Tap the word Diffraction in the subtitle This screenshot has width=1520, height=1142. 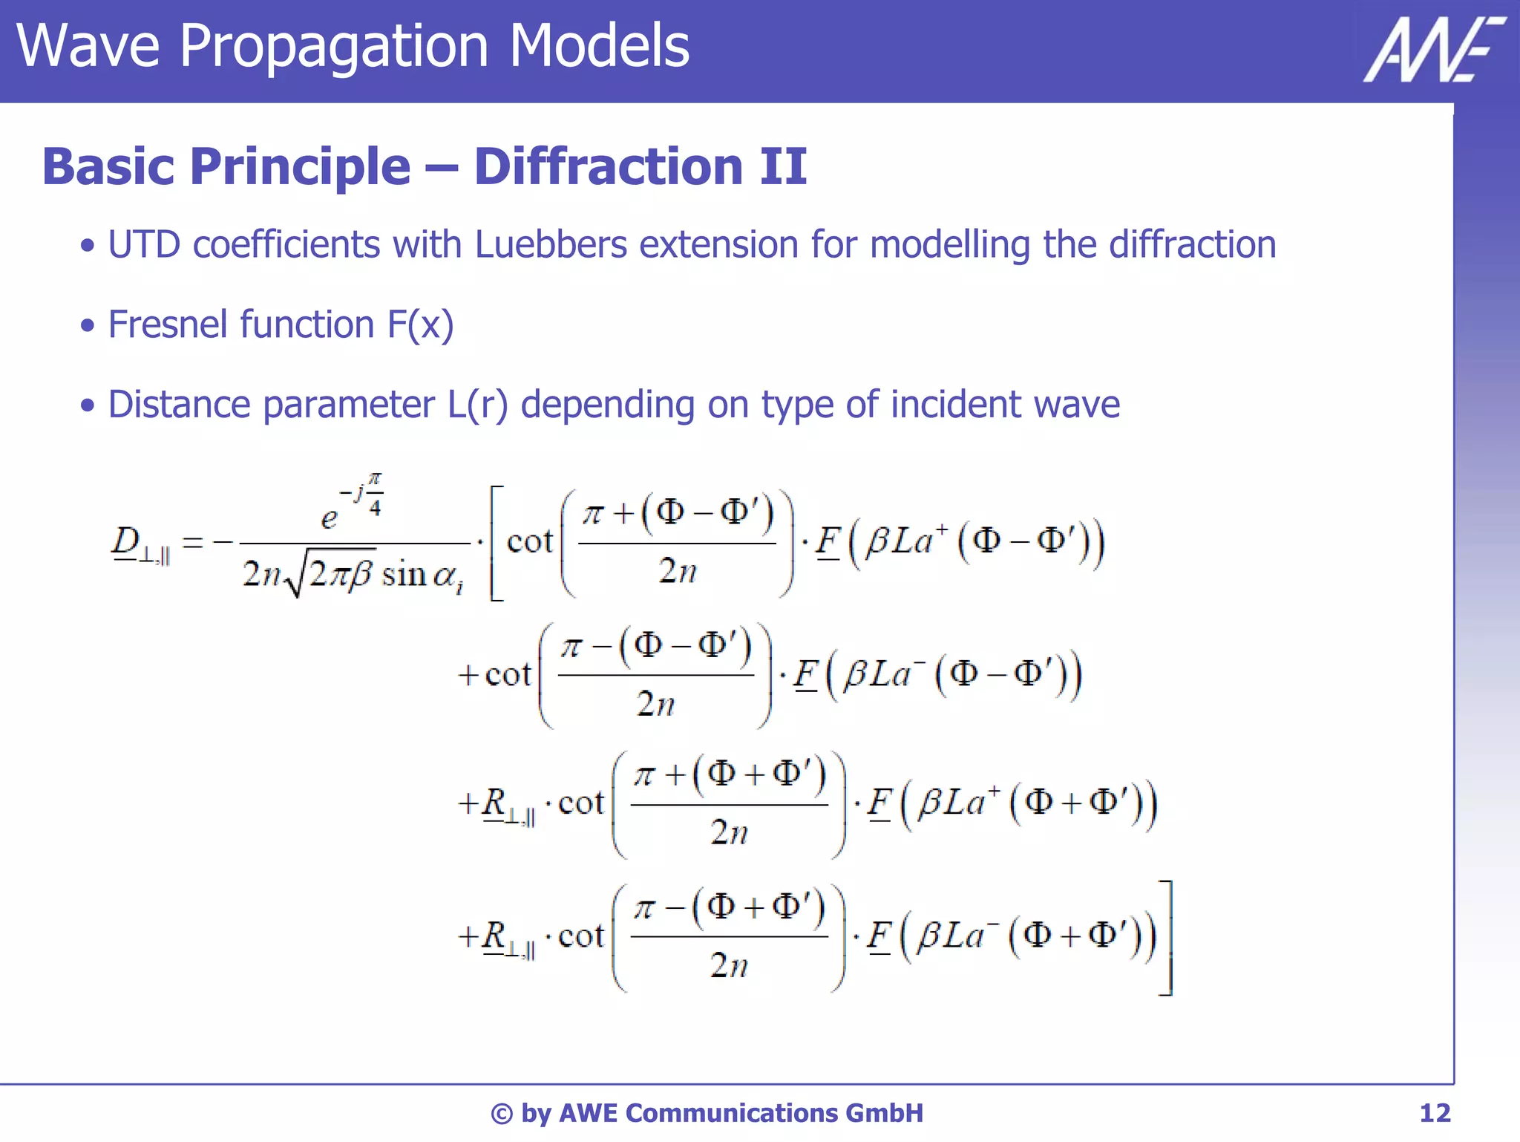[x=608, y=166]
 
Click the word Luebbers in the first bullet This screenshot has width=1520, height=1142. [x=551, y=244]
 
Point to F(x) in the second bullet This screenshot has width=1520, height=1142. [x=420, y=324]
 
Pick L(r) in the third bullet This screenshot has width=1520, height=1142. [x=477, y=405]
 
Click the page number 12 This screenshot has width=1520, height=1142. [x=1434, y=1113]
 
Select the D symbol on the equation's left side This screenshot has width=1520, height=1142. [x=125, y=540]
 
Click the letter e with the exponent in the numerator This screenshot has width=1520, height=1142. [x=330, y=517]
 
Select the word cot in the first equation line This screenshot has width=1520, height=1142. [x=529, y=541]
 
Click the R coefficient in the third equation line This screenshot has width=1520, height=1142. [x=494, y=803]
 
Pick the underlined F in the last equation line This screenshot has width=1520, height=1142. [x=879, y=936]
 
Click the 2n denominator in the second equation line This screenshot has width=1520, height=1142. [x=655, y=704]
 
